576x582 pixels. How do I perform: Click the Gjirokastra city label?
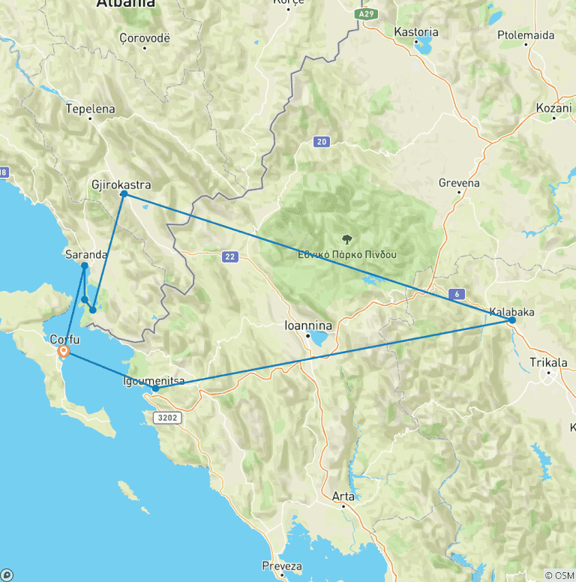click(x=120, y=184)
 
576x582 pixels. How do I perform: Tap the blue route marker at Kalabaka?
click(x=512, y=320)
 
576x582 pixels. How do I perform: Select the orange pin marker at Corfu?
click(x=64, y=351)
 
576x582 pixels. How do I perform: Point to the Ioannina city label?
click(x=308, y=326)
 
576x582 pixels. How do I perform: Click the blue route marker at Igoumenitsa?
click(x=155, y=388)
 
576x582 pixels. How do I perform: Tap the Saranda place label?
click(x=86, y=254)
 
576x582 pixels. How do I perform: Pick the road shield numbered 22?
click(x=230, y=257)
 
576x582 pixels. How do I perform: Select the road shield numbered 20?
click(x=321, y=141)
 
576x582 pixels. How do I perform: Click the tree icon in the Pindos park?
click(x=346, y=240)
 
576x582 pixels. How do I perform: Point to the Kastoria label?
click(x=415, y=32)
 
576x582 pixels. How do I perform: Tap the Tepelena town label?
click(x=91, y=109)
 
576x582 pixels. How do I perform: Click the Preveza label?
click(x=282, y=565)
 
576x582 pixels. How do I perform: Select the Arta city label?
click(x=343, y=496)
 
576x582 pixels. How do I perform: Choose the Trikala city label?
click(x=548, y=363)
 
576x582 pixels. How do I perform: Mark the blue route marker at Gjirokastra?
click(x=124, y=195)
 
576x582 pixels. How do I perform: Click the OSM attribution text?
click(x=562, y=575)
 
